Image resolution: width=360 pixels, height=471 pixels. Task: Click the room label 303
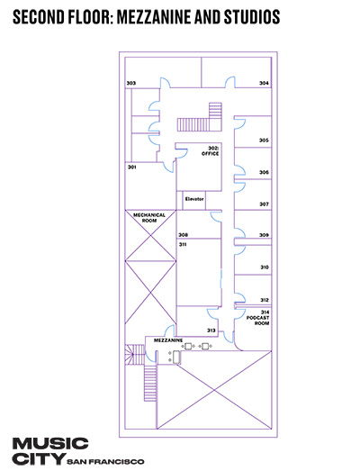point(130,83)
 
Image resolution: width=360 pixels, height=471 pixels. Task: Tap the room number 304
point(264,83)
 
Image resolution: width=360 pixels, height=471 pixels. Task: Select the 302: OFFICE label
point(211,150)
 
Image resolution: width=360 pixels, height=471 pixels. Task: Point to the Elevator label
point(194,199)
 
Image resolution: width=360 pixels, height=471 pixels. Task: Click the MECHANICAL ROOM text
point(149,218)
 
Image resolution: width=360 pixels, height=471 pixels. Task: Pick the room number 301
point(132,167)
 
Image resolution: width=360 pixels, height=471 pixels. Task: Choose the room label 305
point(264,140)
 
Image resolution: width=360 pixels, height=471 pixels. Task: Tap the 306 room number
point(264,172)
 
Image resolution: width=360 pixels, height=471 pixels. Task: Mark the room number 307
point(264,204)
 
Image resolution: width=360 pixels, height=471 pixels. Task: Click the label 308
point(184,235)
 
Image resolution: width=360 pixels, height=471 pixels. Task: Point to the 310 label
point(265,267)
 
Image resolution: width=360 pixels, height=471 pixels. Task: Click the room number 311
point(183,245)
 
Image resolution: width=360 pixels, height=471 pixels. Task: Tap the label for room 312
point(265,300)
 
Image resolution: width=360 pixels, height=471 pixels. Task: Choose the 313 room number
point(211,331)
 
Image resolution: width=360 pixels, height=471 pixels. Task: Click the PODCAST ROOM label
point(258,321)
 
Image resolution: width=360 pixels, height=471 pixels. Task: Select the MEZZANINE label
point(168,340)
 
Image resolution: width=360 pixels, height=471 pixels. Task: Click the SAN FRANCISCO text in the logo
point(105,461)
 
